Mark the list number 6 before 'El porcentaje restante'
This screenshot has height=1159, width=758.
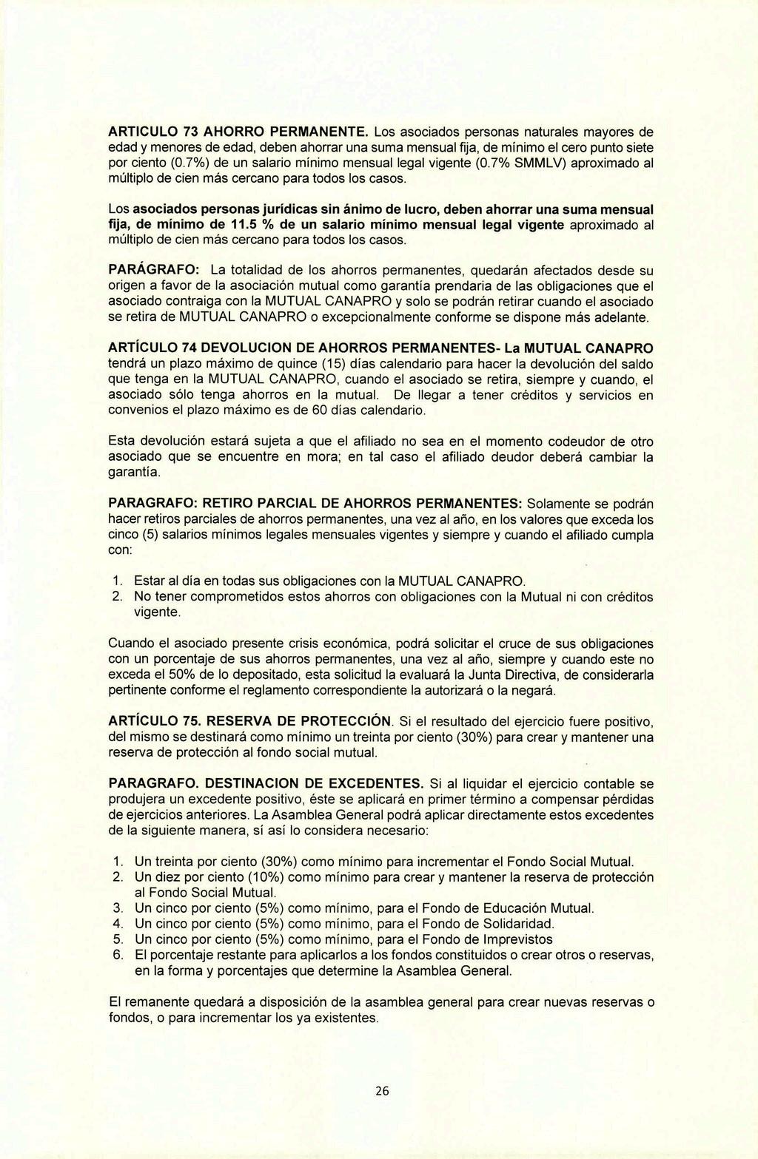tap(117, 955)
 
